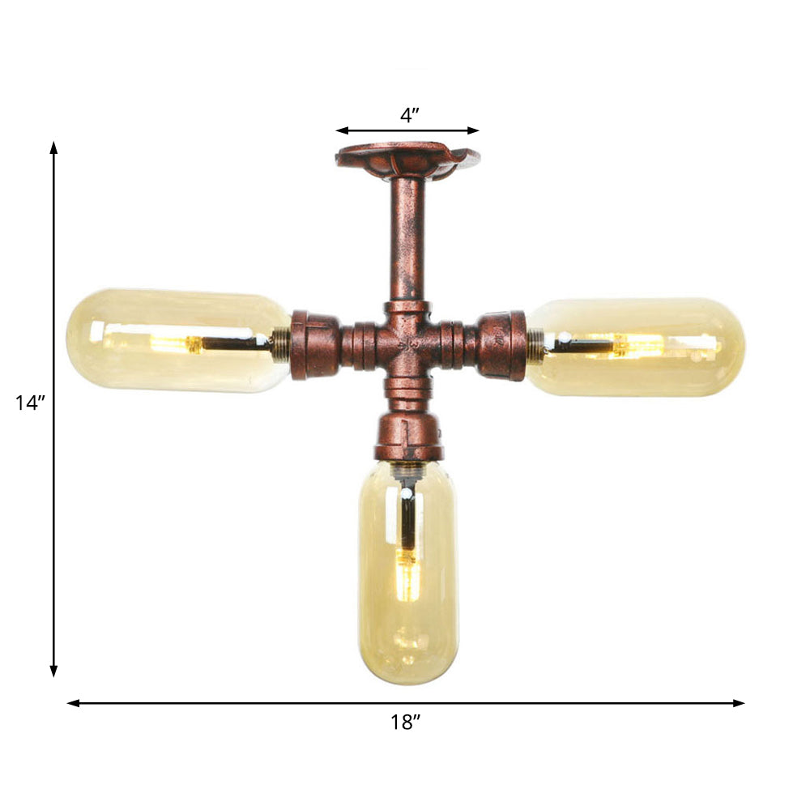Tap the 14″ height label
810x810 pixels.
coord(29,403)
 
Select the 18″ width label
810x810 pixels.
coord(405,723)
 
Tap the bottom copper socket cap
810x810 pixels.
coord(408,439)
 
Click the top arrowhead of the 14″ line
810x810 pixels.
coord(54,147)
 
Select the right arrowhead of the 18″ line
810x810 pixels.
coord(739,703)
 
